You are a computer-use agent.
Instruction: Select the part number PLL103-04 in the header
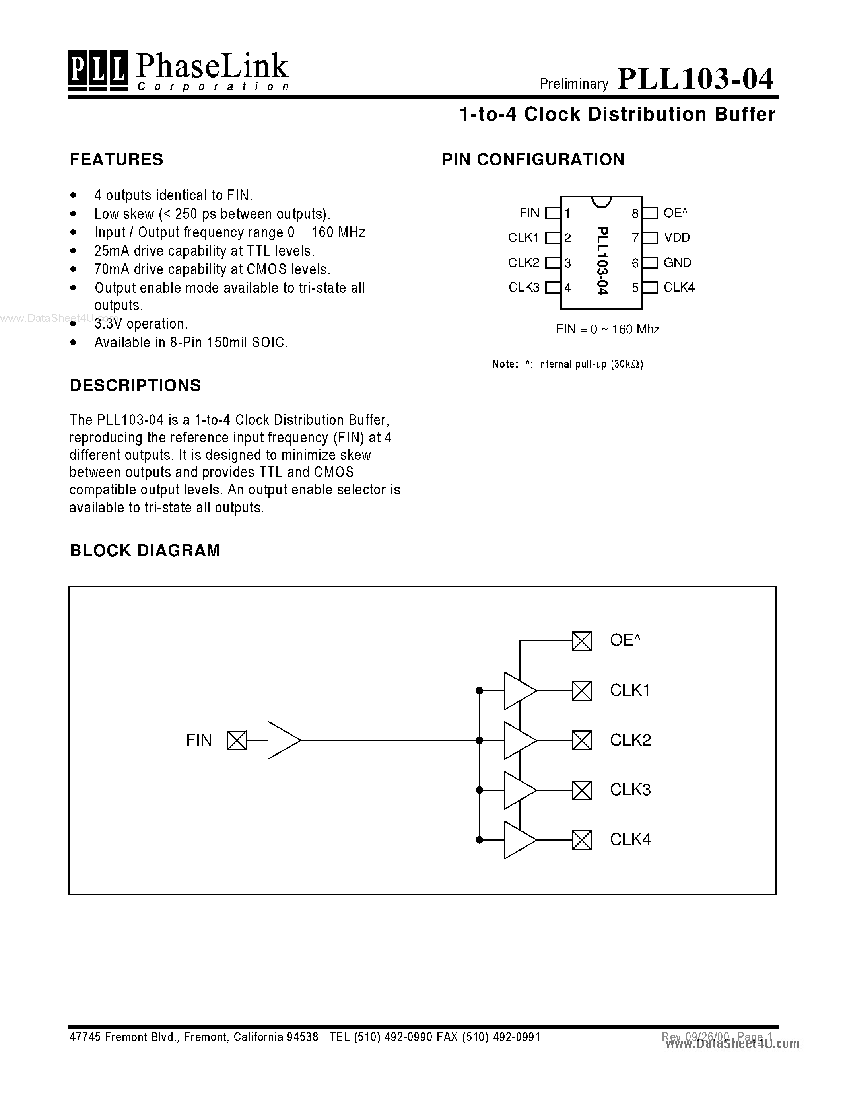click(x=695, y=79)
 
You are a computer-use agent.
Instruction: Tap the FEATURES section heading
click(x=117, y=159)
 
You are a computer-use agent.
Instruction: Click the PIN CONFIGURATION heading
click(x=533, y=159)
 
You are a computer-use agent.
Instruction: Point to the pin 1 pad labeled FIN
click(x=553, y=213)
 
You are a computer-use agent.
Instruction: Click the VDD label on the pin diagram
click(x=677, y=237)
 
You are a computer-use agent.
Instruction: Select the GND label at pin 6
click(x=677, y=263)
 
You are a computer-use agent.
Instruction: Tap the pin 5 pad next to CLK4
click(x=650, y=288)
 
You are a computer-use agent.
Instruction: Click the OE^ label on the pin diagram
click(x=675, y=213)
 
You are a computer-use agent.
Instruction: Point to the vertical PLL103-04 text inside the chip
click(x=602, y=261)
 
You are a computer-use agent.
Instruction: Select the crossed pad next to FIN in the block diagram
click(x=237, y=740)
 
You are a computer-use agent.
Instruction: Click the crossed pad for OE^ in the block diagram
click(x=582, y=640)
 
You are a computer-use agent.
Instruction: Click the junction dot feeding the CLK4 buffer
click(x=479, y=839)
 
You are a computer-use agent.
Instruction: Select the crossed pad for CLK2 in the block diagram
click(x=582, y=740)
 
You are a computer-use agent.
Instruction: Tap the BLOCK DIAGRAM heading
click(x=145, y=551)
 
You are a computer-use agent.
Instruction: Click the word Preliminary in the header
click(x=574, y=84)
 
